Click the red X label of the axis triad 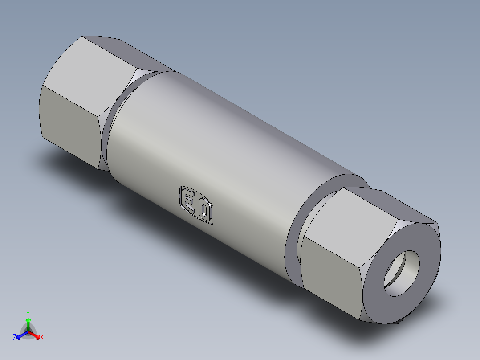pyautogui.click(x=42, y=338)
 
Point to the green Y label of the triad pyautogui.click(x=28, y=313)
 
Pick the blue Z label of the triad pyautogui.click(x=15, y=338)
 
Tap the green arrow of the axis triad pyautogui.click(x=28, y=322)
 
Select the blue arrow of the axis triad pyautogui.click(x=20, y=335)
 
